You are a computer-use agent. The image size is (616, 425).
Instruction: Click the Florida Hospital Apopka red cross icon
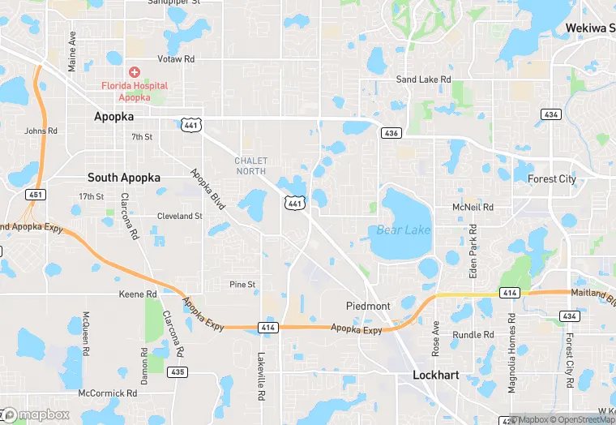click(x=135, y=72)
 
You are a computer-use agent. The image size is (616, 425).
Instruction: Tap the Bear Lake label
click(x=404, y=230)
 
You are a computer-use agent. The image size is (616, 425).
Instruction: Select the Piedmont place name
click(x=368, y=306)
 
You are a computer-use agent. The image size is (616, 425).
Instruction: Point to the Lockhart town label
click(x=437, y=375)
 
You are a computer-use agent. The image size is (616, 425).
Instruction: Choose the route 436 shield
click(x=391, y=132)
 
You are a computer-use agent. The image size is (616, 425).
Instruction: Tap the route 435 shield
click(x=178, y=371)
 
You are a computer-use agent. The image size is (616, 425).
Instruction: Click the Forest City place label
click(x=551, y=179)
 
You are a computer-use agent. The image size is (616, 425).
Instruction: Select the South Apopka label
click(x=123, y=178)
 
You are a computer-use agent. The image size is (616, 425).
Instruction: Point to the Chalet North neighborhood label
click(x=250, y=165)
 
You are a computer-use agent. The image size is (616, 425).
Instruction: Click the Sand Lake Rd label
click(x=422, y=79)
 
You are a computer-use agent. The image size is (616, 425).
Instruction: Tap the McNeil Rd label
click(x=473, y=208)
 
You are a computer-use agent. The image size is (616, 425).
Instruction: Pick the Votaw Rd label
click(x=178, y=59)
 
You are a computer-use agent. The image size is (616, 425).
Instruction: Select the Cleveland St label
click(x=179, y=217)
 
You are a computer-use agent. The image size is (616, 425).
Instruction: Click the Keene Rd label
click(x=137, y=294)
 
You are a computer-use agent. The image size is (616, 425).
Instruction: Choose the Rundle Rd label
click(x=473, y=334)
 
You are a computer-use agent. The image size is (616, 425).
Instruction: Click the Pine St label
click(x=242, y=285)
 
